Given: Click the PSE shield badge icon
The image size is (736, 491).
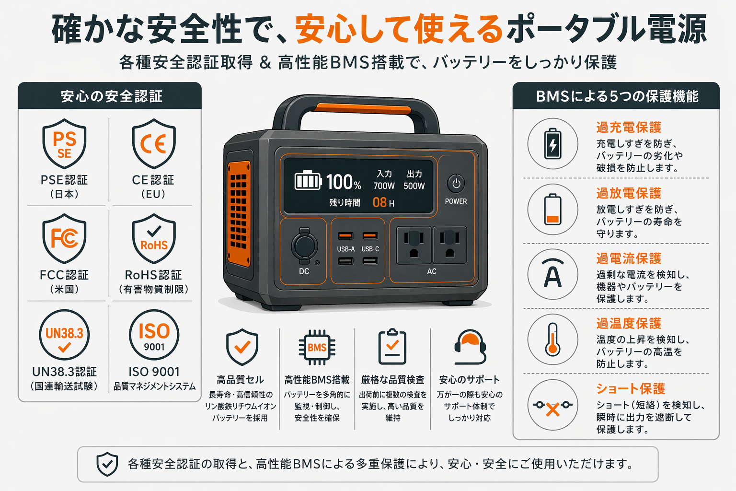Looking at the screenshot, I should click(x=64, y=144).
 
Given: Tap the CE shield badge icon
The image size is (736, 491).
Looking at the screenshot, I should click(x=154, y=144).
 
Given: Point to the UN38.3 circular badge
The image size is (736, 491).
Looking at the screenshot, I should click(x=64, y=335).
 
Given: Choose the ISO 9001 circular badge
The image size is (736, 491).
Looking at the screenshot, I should click(x=154, y=335).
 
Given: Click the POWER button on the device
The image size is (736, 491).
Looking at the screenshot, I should click(x=456, y=184).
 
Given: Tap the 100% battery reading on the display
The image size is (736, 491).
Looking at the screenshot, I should click(x=343, y=182).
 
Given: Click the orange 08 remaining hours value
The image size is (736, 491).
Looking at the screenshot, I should click(x=379, y=202).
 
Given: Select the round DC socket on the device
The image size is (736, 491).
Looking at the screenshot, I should click(x=304, y=246).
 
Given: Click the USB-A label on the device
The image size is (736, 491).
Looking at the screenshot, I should click(x=345, y=249).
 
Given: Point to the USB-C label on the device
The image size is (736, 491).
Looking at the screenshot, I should click(x=370, y=249).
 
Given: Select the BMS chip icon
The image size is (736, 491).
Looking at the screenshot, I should click(x=317, y=348).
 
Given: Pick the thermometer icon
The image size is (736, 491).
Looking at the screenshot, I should click(x=553, y=339).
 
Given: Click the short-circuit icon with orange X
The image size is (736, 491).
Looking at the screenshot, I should click(x=553, y=406).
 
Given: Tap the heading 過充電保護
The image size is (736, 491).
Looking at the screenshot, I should click(x=629, y=128).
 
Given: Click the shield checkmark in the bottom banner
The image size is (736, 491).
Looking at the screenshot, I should click(x=107, y=464).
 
